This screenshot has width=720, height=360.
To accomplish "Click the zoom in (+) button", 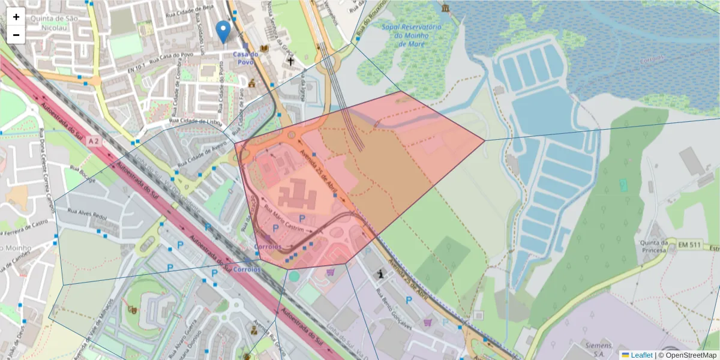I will pos(16,17).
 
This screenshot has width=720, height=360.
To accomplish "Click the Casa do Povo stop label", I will pos(245,58).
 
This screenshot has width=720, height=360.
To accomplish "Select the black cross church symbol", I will pos(290,61).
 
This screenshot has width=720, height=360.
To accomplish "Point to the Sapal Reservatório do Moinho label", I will pos(411,35).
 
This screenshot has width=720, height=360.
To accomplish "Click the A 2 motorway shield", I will pos(92,140).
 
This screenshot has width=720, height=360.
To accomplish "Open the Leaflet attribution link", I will pos(641,355).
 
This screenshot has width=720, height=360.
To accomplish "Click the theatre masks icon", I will pos(133,310).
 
